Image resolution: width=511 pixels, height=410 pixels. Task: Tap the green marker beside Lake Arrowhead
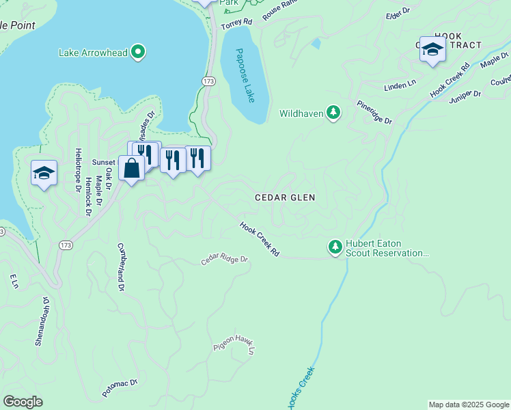(139, 52)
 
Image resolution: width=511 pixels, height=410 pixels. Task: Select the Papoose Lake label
(245, 75)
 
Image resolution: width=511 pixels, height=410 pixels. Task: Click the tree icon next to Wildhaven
(333, 112)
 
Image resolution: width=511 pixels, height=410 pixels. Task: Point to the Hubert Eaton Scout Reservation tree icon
(335, 247)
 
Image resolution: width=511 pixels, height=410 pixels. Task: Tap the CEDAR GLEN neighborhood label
(285, 197)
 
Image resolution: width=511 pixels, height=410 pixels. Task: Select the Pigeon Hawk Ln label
(234, 344)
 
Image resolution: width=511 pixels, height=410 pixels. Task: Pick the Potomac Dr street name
(120, 388)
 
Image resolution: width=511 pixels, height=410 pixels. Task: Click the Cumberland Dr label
(121, 267)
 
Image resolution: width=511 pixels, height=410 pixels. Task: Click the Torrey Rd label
(237, 23)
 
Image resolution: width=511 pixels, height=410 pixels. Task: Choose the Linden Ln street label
(400, 85)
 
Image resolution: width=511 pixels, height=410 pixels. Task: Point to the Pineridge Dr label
(374, 112)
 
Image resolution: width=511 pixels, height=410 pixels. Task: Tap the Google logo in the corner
(23, 402)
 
